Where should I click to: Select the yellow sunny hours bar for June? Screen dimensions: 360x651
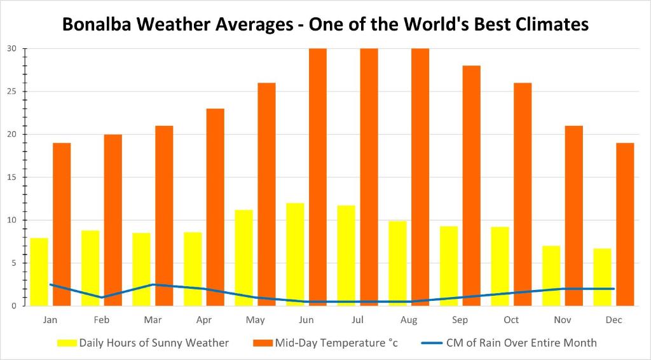pos(295,254)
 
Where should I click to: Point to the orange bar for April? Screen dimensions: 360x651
pos(215,207)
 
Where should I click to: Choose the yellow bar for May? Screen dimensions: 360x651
pos(243,258)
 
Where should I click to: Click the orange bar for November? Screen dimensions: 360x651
pos(573,216)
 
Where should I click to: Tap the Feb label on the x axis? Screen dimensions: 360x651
pos(102,320)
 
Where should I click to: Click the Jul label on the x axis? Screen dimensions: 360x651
pos(358,320)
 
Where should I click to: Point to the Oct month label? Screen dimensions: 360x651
pos(511,320)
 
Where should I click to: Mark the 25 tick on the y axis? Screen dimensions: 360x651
pos(12,92)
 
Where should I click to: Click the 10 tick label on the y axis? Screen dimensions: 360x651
pos(12,220)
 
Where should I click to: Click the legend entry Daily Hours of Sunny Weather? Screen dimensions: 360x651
pos(153,343)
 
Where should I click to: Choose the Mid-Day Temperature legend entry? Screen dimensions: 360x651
pos(336,343)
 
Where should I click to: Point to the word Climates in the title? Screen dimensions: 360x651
pos(545,25)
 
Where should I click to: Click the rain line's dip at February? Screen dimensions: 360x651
pos(102,297)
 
